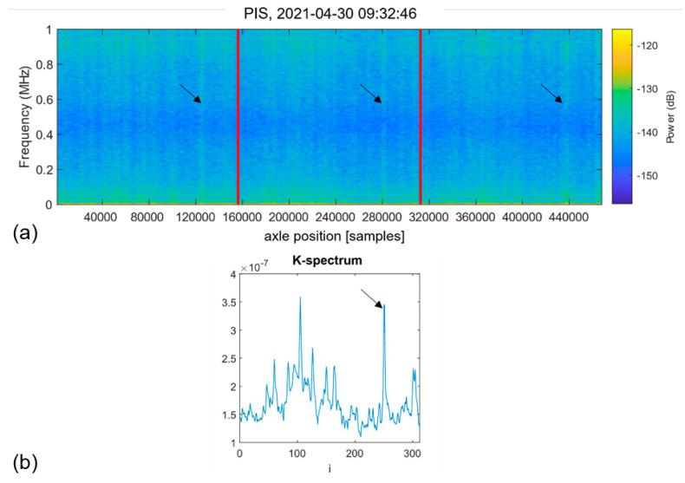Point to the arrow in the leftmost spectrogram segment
pos(190,94)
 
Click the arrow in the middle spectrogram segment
pos(370,94)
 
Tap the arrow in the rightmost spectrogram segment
pos(551,94)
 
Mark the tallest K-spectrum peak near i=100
pos(301,298)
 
